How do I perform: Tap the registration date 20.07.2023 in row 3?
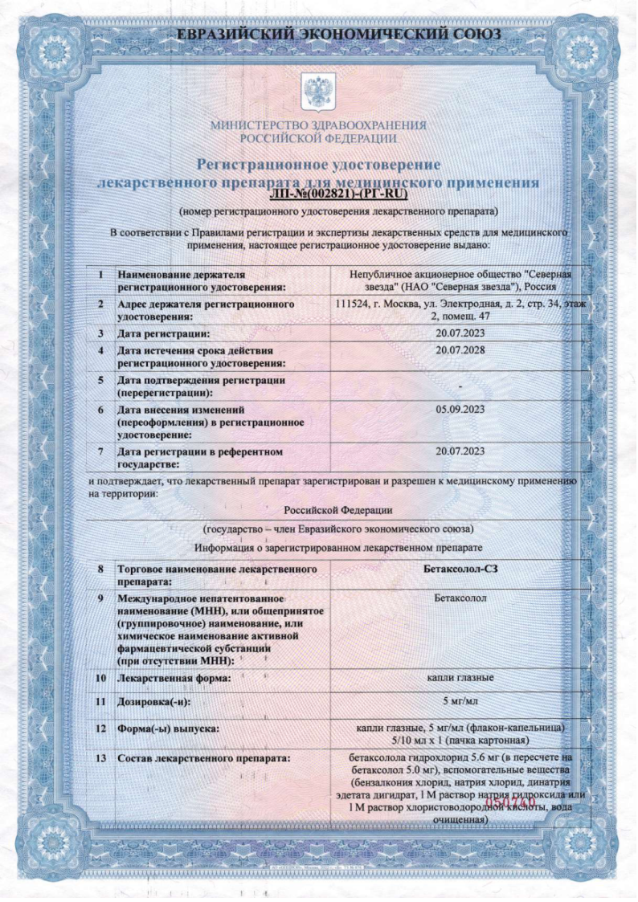pyautogui.click(x=460, y=333)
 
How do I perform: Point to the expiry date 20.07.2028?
pyautogui.click(x=460, y=351)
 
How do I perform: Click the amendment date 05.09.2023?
pyautogui.click(x=460, y=408)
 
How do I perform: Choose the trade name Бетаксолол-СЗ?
pyautogui.click(x=460, y=569)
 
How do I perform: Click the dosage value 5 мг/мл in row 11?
pyautogui.click(x=460, y=701)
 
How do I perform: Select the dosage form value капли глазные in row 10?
pyautogui.click(x=460, y=678)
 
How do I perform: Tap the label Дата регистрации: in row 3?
pyautogui.click(x=164, y=333)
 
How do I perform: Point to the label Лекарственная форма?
pyautogui.click(x=174, y=679)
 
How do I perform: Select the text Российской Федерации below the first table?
pyautogui.click(x=338, y=509)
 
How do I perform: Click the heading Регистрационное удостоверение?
pyautogui.click(x=319, y=165)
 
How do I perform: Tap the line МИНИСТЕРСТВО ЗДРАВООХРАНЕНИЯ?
pyautogui.click(x=318, y=126)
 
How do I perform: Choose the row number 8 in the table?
pyautogui.click(x=101, y=569)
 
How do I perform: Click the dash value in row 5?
pyautogui.click(x=460, y=388)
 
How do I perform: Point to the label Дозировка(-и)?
pyautogui.click(x=157, y=702)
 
